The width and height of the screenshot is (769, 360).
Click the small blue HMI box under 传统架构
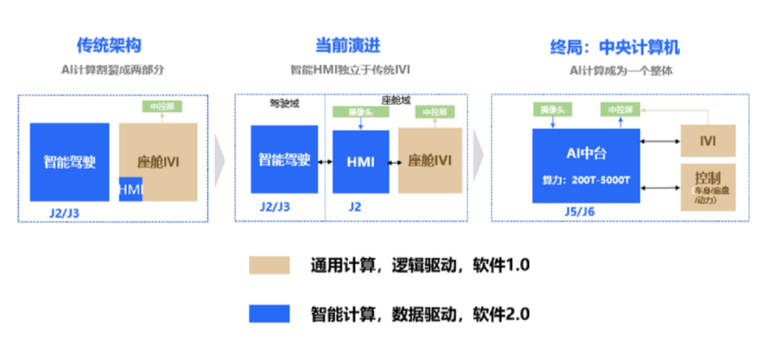tap(130, 189)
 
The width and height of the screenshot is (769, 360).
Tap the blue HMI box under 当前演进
tap(360, 161)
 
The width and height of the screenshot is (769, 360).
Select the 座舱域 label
tap(396, 98)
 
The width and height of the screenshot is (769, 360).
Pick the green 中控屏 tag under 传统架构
tap(157, 106)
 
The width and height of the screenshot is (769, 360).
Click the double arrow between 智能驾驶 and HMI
tap(325, 161)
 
